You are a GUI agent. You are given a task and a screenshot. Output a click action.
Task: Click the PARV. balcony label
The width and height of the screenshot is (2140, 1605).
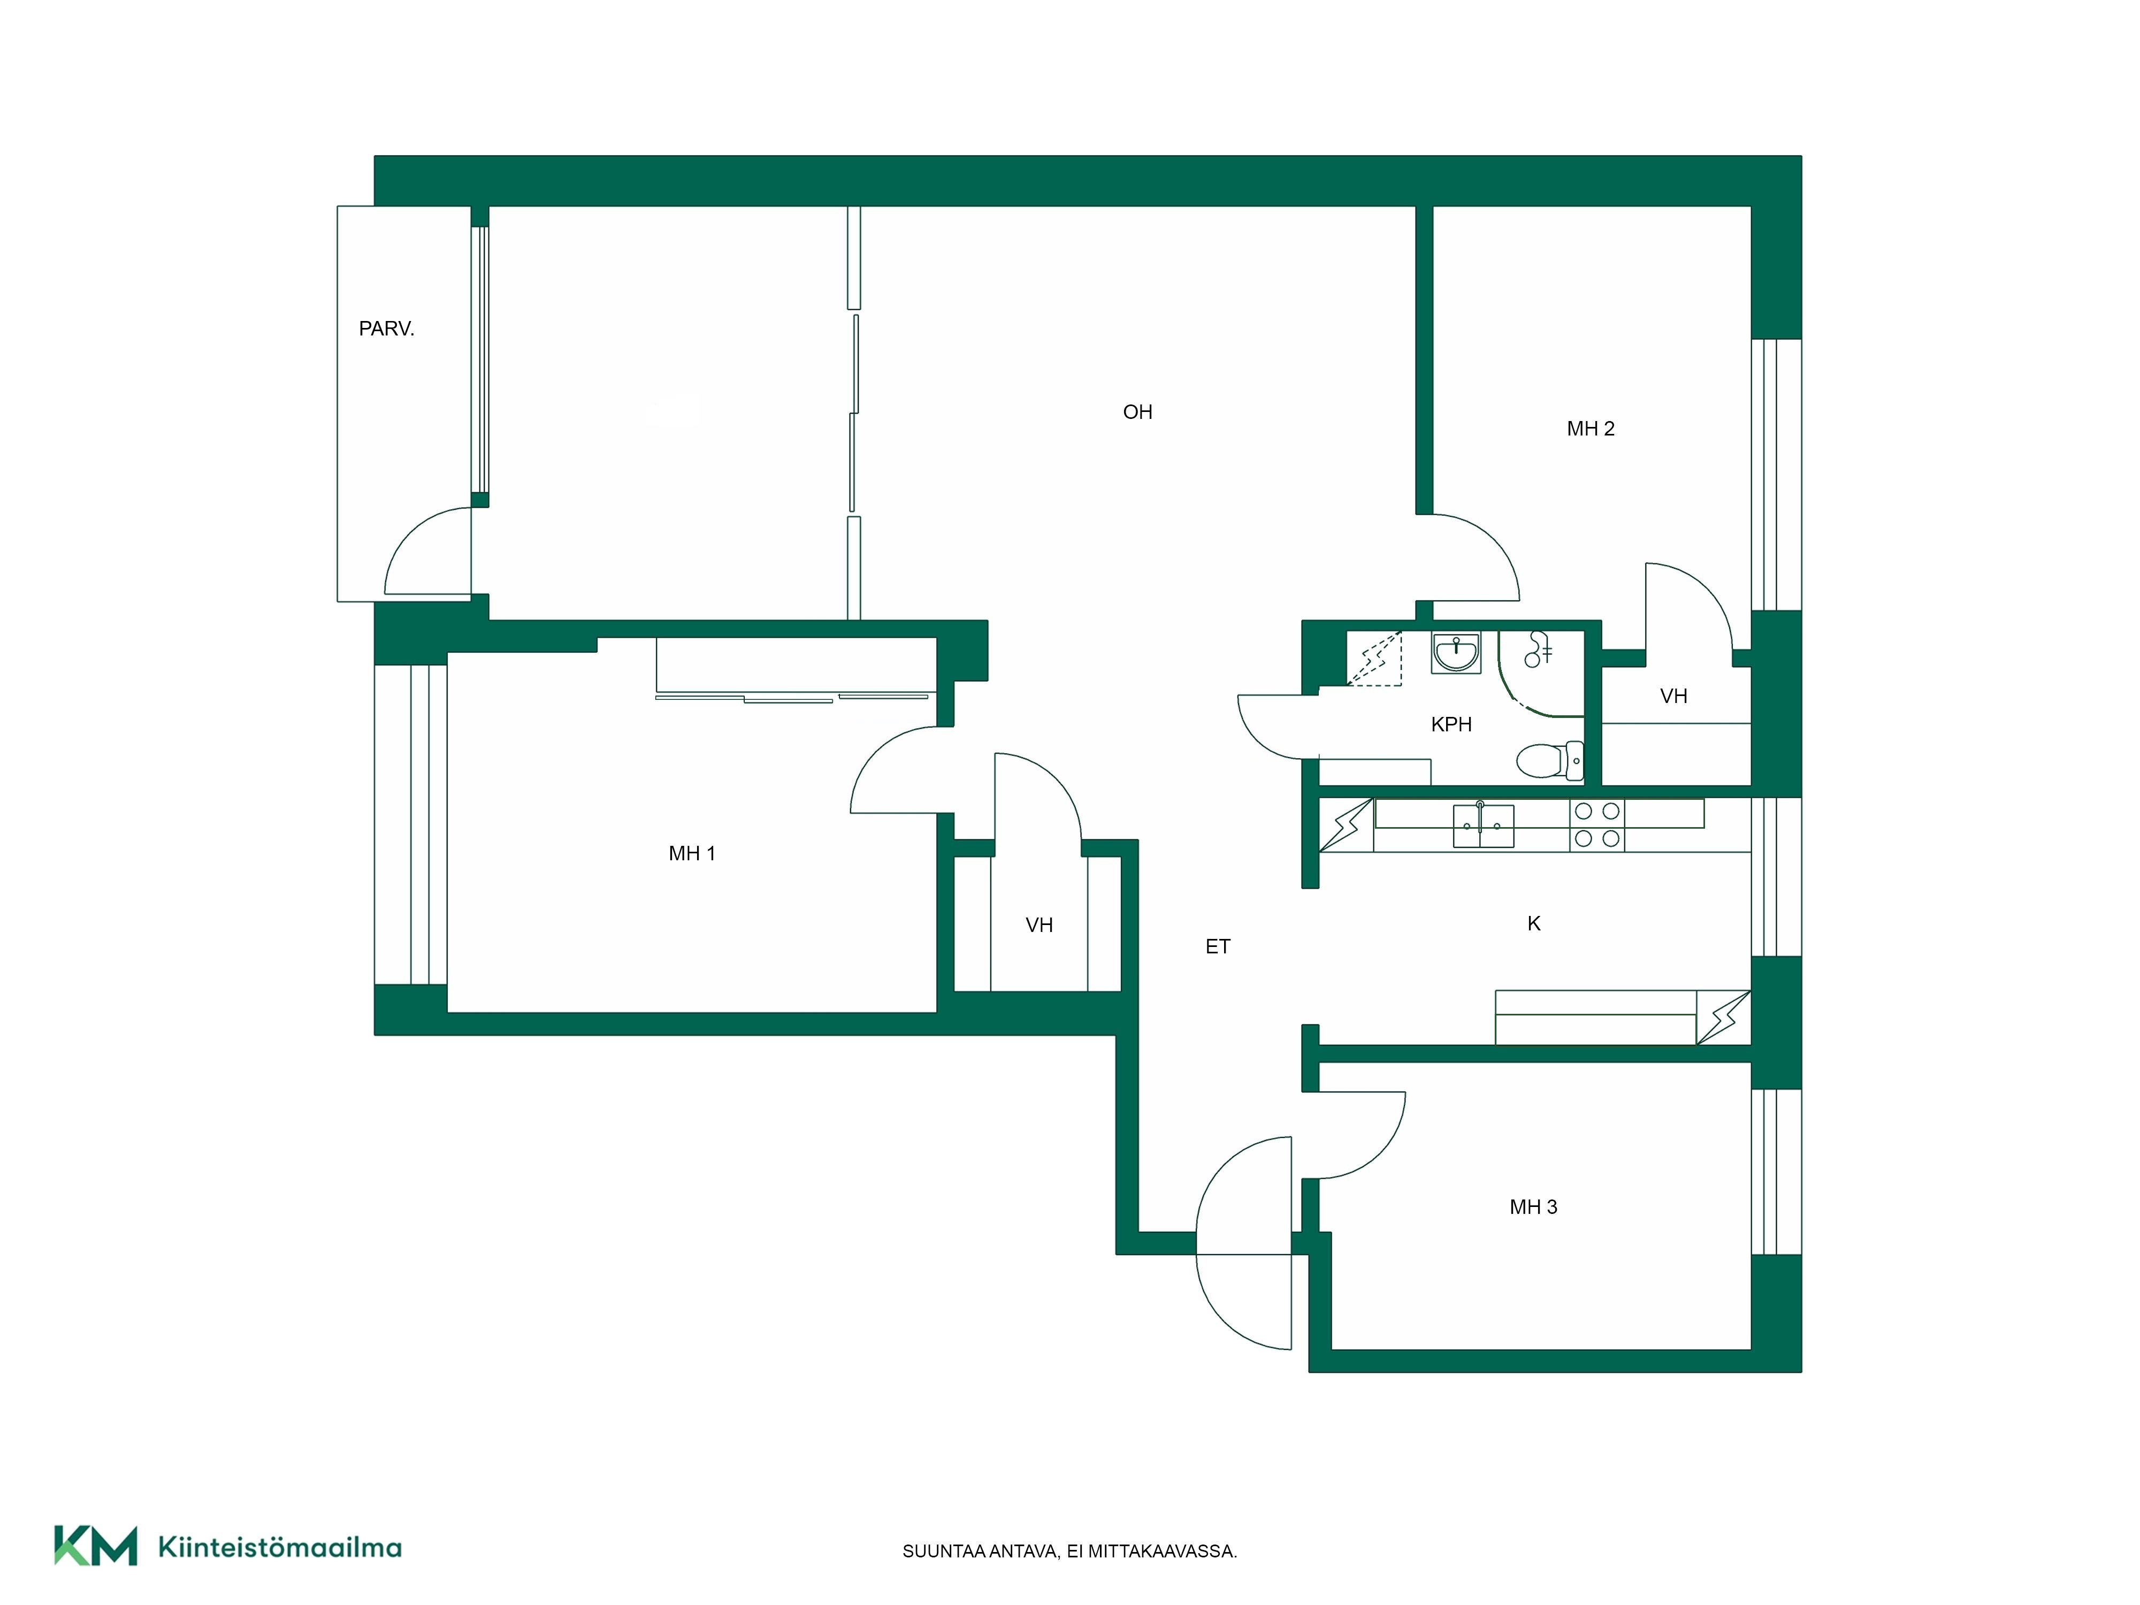click(386, 329)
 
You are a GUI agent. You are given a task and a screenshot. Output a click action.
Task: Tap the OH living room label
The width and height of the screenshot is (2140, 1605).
click(1138, 412)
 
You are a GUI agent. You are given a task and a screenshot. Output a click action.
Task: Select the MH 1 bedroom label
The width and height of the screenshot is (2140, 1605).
click(692, 853)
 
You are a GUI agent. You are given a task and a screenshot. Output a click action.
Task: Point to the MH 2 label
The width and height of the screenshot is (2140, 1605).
click(1591, 429)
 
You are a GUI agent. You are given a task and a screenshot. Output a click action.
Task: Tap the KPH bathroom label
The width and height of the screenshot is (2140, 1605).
click(1451, 724)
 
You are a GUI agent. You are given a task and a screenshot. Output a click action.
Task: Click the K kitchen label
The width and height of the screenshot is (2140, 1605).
click(1533, 924)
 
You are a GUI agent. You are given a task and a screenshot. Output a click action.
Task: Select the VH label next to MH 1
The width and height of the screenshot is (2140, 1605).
click(1039, 925)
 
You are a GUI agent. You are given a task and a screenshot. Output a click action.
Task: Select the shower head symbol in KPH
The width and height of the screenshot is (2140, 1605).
click(1537, 649)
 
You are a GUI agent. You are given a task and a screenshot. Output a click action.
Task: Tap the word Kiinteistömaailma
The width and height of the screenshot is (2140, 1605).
click(280, 1547)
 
